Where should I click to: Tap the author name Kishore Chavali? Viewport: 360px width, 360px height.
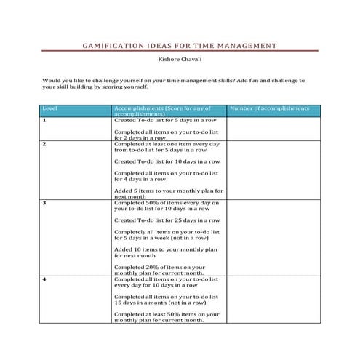click(180, 63)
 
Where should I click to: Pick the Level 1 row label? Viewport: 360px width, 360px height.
click(44, 120)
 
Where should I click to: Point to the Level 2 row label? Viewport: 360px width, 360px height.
click(44, 144)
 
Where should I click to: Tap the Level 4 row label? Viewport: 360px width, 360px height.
click(44, 279)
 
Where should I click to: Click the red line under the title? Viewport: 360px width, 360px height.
click(180, 52)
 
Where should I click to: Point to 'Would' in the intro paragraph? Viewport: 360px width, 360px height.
click(53, 80)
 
